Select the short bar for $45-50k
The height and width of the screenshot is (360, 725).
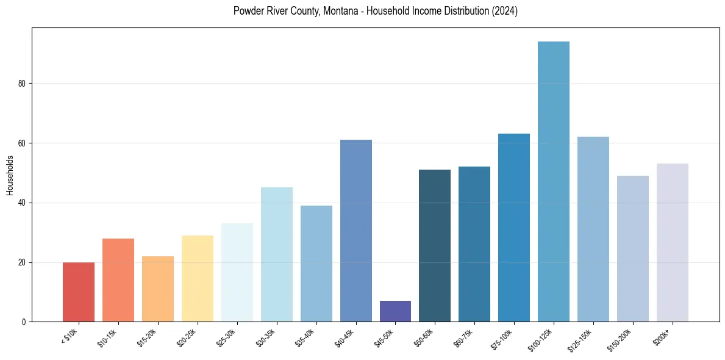click(x=395, y=311)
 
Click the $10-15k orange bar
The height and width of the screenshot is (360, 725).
click(x=118, y=280)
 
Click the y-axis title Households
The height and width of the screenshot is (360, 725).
click(x=10, y=175)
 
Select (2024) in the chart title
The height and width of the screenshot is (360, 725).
click(x=505, y=12)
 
